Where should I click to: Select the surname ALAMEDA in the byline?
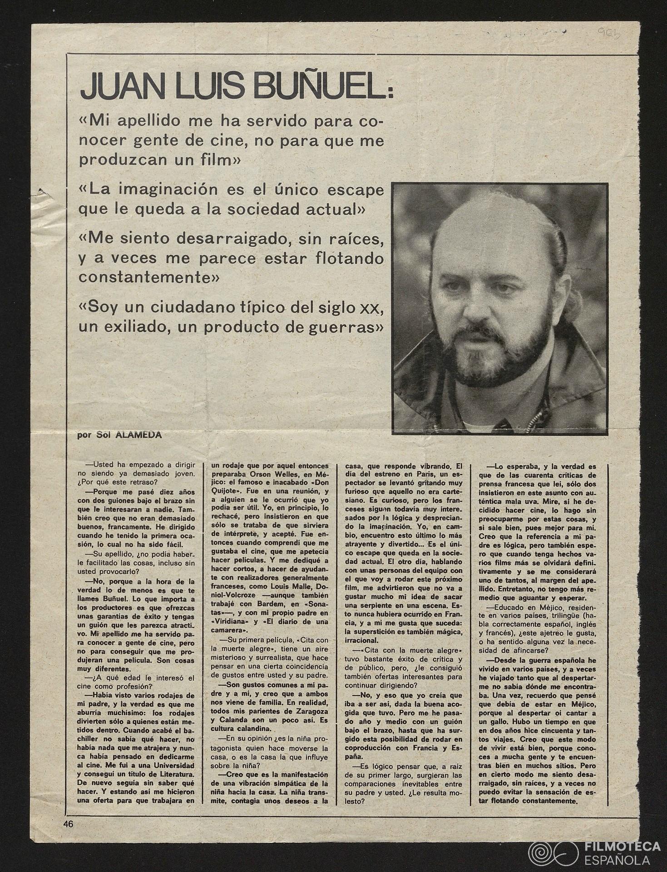[x=139, y=435]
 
